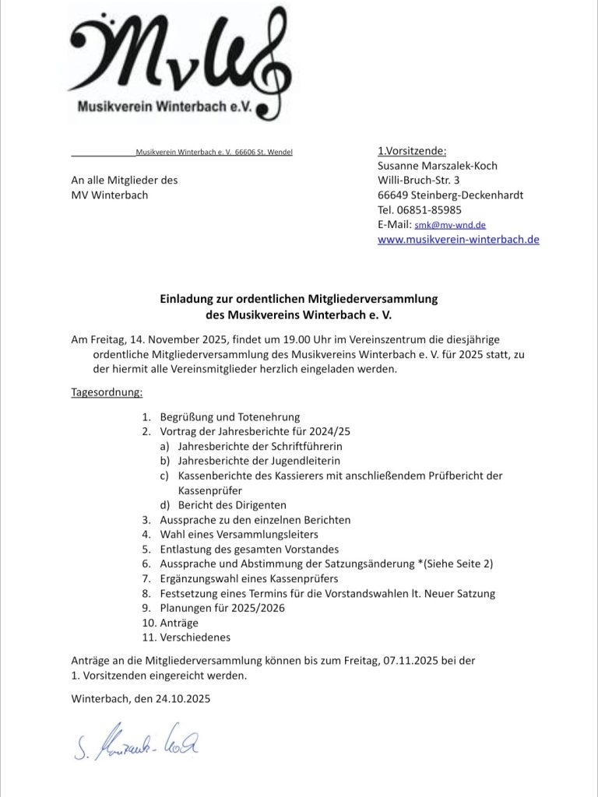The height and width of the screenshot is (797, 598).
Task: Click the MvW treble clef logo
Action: tap(179, 62)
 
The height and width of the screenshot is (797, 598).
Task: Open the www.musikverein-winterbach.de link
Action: tap(458, 240)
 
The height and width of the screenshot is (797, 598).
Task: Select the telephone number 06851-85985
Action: tap(431, 209)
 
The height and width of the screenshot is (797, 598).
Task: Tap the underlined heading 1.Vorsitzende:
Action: tap(412, 151)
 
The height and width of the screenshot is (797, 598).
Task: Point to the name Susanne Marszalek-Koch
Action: tap(437, 166)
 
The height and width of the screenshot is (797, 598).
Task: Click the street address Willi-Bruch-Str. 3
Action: tap(418, 181)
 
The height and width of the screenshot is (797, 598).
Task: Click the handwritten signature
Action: tap(137, 746)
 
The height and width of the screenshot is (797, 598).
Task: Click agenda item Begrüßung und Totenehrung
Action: tap(230, 417)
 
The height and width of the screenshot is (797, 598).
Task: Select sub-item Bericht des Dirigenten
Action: tap(232, 505)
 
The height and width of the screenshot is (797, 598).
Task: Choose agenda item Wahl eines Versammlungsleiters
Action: tap(239, 534)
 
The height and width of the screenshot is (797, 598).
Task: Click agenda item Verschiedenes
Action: tap(195, 637)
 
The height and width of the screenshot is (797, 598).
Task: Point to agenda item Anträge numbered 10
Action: tap(179, 623)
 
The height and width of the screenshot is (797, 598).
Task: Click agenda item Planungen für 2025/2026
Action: tap(222, 608)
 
